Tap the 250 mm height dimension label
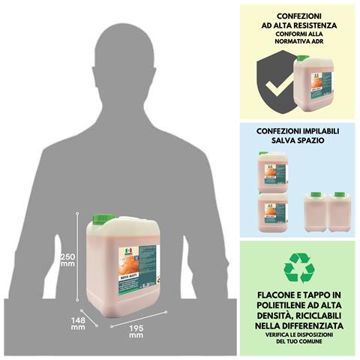pyautogui.click(x=67, y=259)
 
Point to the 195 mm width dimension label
pyautogui.click(x=136, y=331)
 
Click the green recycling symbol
pyautogui.click(x=298, y=268)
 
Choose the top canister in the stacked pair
pyautogui.click(x=272, y=172)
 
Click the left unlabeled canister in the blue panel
pyautogui.click(x=316, y=212)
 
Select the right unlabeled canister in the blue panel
pyautogui.click(x=340, y=212)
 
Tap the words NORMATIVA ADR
pyautogui.click(x=298, y=45)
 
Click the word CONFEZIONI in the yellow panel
pyautogui.click(x=298, y=13)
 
